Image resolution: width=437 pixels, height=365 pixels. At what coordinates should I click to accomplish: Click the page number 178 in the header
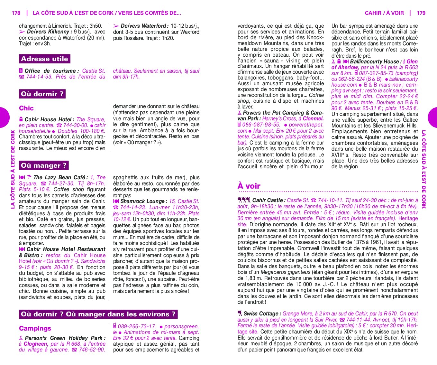(x=16, y=13)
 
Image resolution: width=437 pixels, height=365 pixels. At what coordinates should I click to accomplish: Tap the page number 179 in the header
(x=421, y=13)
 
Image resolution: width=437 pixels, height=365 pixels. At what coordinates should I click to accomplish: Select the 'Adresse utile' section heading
(x=44, y=59)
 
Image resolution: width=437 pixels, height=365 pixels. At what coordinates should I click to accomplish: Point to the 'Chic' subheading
(x=26, y=108)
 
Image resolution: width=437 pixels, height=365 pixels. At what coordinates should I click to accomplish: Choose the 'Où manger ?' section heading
(x=44, y=165)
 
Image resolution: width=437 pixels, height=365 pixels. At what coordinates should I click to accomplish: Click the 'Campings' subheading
(x=35, y=328)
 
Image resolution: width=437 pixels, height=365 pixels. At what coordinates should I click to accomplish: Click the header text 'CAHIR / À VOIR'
(x=384, y=13)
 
